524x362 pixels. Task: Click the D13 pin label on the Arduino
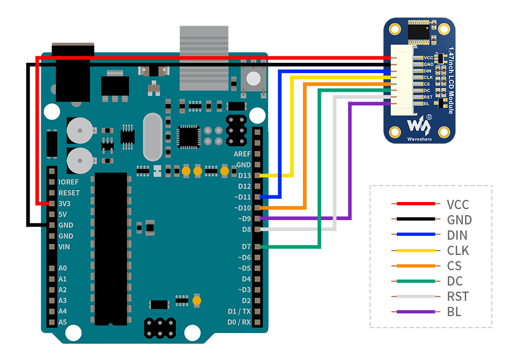(x=244, y=175)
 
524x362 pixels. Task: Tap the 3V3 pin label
(x=65, y=203)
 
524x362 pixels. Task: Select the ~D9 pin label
(x=243, y=219)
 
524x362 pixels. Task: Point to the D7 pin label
(x=246, y=246)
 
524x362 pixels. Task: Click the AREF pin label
(x=242, y=154)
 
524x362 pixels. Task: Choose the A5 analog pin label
(x=62, y=322)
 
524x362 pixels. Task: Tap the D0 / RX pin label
(x=239, y=322)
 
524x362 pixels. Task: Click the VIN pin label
(x=65, y=247)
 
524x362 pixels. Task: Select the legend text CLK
(x=458, y=251)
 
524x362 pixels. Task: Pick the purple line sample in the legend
(x=415, y=312)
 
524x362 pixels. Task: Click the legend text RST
(x=457, y=296)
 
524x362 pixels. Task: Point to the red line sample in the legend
(x=415, y=204)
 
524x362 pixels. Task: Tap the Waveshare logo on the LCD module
(x=418, y=127)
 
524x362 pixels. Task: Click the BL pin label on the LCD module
(x=427, y=104)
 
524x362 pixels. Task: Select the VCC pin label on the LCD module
(x=428, y=57)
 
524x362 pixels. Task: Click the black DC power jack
(x=72, y=76)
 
